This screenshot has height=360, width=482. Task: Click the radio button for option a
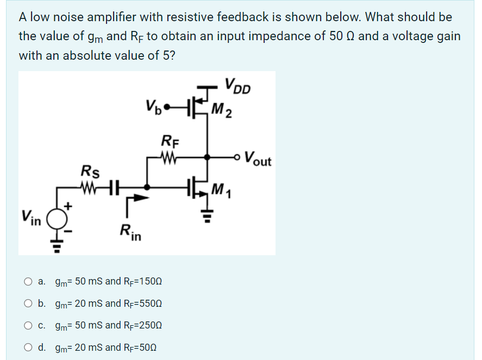point(27,282)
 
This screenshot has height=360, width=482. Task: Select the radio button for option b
point(27,304)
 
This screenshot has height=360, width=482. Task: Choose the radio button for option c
point(27,325)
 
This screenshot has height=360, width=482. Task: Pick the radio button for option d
point(27,347)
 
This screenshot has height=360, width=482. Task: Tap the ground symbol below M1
point(207,220)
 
